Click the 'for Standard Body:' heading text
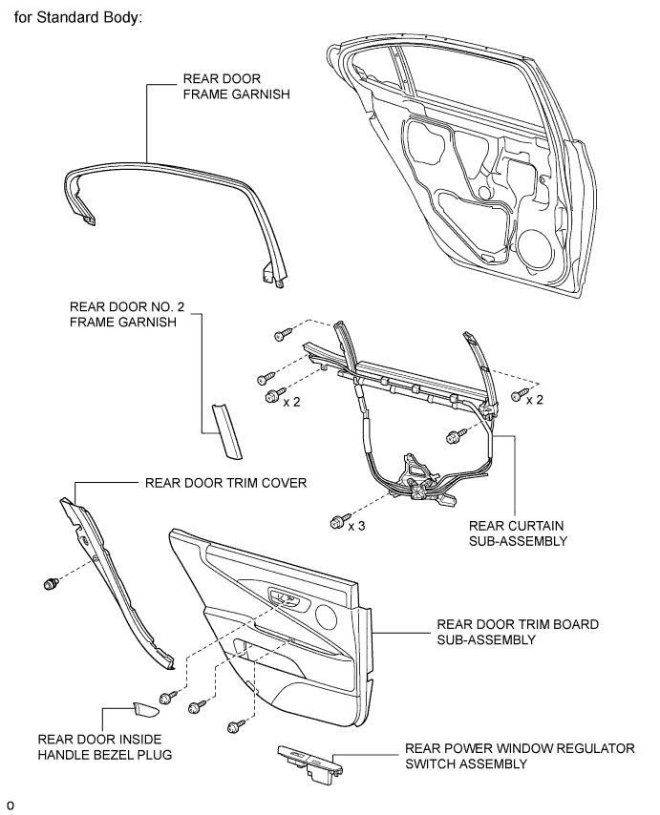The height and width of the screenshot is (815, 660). pos(78,18)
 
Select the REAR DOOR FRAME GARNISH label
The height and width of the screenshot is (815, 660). pos(236,86)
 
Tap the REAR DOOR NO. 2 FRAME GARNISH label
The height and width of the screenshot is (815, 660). pos(127,315)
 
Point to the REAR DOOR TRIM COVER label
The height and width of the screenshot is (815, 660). pos(225,483)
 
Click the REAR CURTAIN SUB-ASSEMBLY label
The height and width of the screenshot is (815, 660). pos(518,533)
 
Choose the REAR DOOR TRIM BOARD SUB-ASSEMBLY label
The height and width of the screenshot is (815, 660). pos(518,632)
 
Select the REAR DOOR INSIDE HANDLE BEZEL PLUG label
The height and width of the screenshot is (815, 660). pos(104,747)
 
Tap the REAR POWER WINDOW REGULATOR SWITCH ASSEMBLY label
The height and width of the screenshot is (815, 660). pos(520,756)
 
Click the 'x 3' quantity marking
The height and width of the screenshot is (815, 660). pos(357,526)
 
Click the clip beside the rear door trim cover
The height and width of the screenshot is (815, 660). pos(51,584)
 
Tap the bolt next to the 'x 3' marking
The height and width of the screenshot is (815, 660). pos(337,521)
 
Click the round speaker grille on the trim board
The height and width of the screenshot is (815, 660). pos(326,616)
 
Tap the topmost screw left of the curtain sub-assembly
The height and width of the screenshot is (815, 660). pos(282,334)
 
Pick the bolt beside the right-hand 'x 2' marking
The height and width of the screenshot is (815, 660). pos(518,395)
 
